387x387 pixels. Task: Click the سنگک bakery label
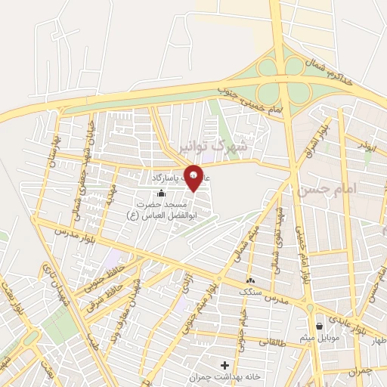[248, 290]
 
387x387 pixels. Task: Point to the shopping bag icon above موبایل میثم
[321, 327]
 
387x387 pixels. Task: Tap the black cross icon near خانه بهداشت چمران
[224, 365]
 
